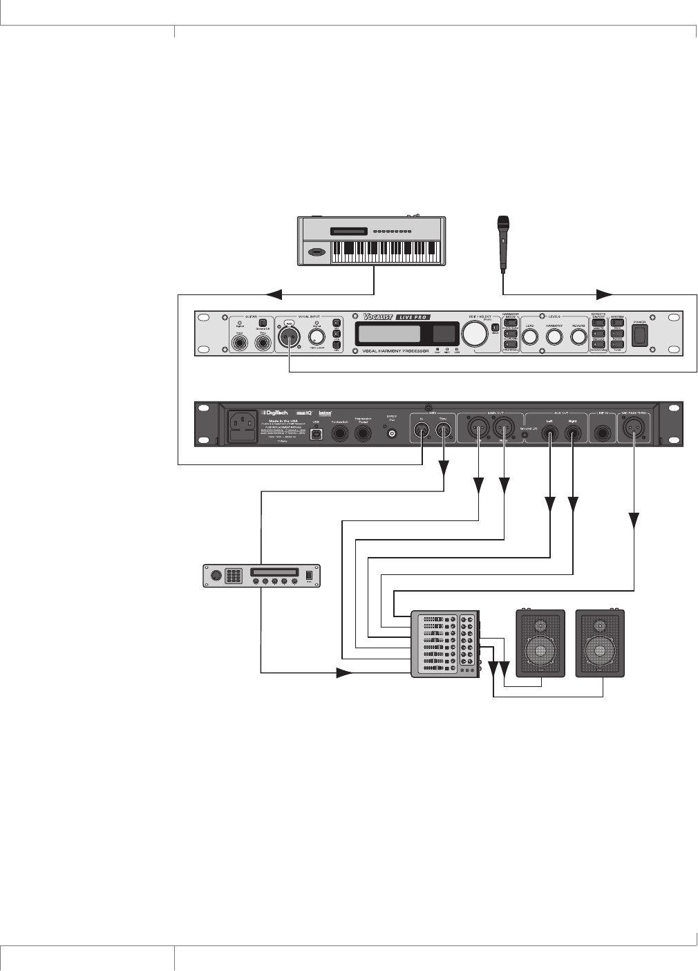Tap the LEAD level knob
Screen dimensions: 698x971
point(529,337)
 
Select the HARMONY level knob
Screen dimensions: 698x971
point(554,337)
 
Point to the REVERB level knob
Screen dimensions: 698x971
point(578,337)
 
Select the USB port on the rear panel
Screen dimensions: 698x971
point(317,434)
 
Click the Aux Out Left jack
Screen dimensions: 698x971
point(550,434)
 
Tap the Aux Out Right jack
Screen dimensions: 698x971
point(573,434)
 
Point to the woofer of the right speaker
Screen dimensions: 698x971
point(599,650)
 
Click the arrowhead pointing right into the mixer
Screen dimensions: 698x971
point(343,672)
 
